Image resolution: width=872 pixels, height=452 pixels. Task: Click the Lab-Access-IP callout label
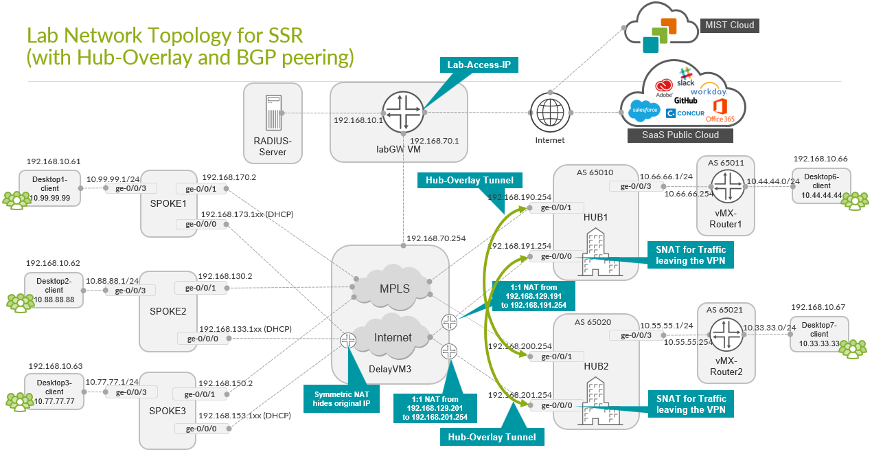point(479,66)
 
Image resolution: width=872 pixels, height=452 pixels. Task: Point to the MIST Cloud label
point(729,25)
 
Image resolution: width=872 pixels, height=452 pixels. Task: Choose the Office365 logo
point(720,110)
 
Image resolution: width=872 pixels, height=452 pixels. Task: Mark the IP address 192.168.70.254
point(436,239)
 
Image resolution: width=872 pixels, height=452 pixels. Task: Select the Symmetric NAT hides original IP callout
point(341,398)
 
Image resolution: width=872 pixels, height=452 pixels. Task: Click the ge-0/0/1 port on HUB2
point(556,357)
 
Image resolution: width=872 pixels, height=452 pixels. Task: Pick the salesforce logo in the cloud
point(645,110)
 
